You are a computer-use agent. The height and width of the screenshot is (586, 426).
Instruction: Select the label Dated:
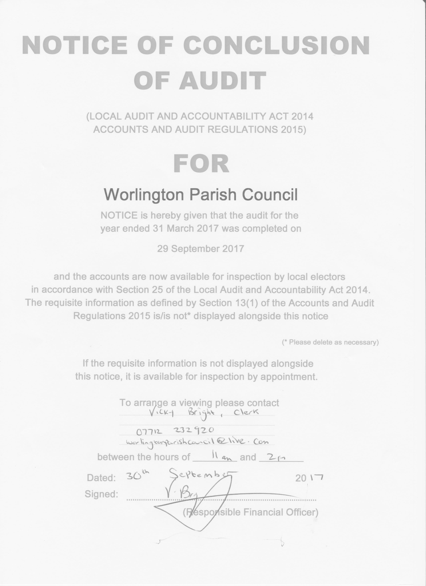point(101,478)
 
